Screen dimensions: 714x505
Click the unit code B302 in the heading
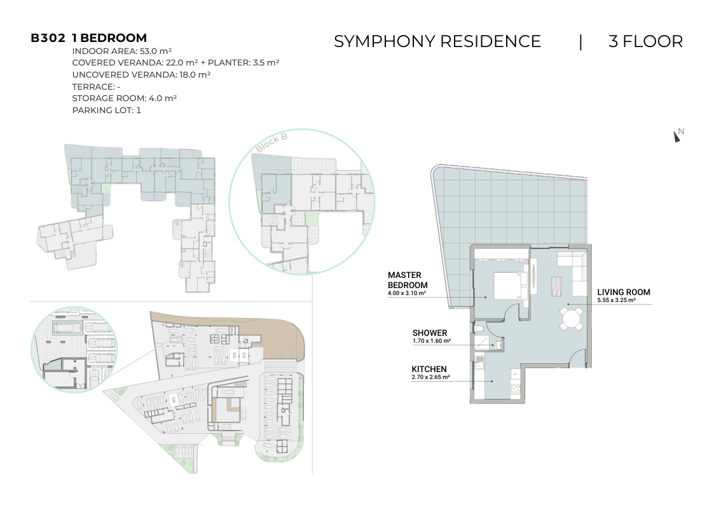pos(48,38)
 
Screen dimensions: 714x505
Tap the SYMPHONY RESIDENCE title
pos(437,41)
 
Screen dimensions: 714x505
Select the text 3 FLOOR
pos(646,41)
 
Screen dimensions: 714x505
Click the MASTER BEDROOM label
pos(408,280)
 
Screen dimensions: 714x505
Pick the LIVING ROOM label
pos(623,293)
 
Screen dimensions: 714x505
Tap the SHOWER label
pos(430,333)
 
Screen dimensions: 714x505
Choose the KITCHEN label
pos(429,370)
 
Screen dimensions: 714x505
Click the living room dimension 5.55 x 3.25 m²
pos(617,300)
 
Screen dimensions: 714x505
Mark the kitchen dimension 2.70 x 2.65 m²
pos(431,377)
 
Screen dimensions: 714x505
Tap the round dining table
pos(571,318)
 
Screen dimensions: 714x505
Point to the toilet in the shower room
pos(478,329)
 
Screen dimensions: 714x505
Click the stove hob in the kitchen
pos(516,389)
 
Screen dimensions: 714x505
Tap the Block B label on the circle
pos(271,142)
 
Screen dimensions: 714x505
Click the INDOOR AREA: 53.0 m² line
pos(121,51)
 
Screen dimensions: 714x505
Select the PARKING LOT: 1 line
pos(107,110)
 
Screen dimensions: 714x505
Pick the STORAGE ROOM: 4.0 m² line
pos(125,98)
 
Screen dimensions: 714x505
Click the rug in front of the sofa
pos(556,287)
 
